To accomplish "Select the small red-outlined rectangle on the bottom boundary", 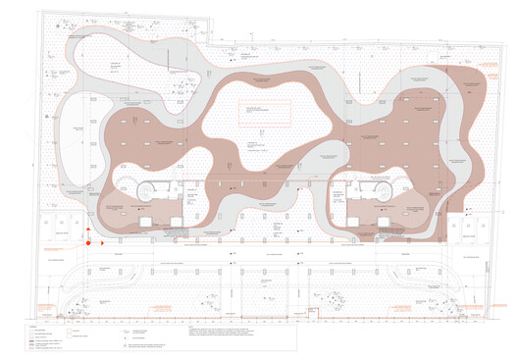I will coord(316,313).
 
